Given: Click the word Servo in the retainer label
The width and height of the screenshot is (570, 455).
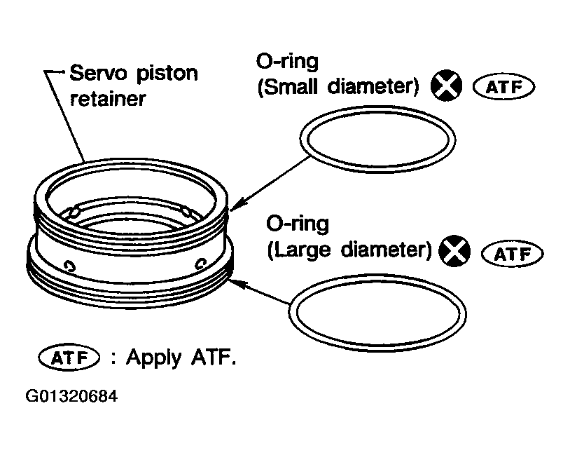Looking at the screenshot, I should point(97,74).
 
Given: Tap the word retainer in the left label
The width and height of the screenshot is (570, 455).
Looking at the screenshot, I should point(106,98).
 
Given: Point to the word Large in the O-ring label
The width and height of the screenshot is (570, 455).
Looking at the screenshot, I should point(301,250).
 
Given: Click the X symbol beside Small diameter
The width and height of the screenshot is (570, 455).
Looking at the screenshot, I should point(446,86).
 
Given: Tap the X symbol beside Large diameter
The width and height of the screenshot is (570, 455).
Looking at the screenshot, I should point(454,250).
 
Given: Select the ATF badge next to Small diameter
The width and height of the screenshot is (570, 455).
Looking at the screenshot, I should point(503,87).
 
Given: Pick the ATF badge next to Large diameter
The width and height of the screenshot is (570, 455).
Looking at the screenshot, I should point(513,252).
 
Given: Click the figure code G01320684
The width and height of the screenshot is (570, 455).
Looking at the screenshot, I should point(72,396).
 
